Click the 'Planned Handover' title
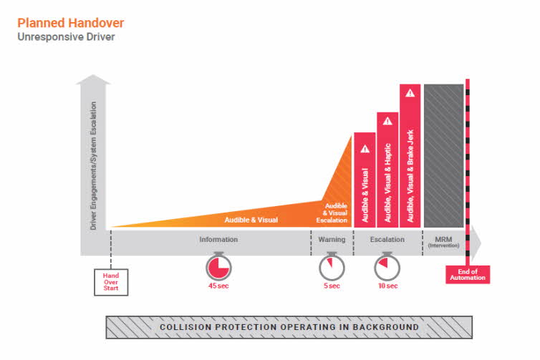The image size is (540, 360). point(71,23)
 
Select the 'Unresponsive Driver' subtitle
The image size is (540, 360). point(66,37)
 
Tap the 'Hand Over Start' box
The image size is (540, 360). point(111,282)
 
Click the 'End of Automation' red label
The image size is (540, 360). point(468,275)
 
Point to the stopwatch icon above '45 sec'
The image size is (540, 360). point(218,266)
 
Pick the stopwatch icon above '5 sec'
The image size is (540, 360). point(332,266)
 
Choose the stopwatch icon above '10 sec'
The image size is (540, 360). point(387,266)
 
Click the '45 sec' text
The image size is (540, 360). point(218,286)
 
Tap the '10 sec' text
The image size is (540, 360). point(387,286)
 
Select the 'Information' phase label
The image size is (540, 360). point(218,239)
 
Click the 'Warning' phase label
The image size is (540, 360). point(332,239)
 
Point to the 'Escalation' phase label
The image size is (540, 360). point(387,239)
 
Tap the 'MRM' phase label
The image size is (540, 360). point(443,239)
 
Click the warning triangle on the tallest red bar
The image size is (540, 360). point(410,93)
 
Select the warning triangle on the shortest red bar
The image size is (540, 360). point(365,149)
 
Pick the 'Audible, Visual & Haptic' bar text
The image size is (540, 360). point(387,183)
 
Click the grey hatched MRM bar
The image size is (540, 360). point(443,155)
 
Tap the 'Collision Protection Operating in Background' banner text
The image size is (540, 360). point(289,327)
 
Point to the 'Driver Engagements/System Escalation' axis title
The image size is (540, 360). point(93,166)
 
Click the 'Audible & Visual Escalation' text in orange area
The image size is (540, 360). point(332,213)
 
